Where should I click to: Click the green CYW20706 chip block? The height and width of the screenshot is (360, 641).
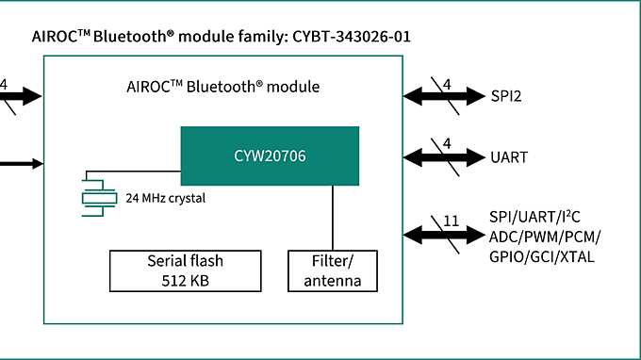click(270, 155)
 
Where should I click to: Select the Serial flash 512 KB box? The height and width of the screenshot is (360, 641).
click(185, 270)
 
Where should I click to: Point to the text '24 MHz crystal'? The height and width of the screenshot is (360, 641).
click(165, 199)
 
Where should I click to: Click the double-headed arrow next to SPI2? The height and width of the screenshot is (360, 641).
click(443, 96)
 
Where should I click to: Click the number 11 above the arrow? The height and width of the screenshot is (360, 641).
click(451, 221)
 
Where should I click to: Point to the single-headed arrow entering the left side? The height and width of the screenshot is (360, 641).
click(21, 163)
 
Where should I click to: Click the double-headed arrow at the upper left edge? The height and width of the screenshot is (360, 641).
click(21, 96)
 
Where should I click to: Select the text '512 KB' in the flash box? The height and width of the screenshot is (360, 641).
click(185, 280)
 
